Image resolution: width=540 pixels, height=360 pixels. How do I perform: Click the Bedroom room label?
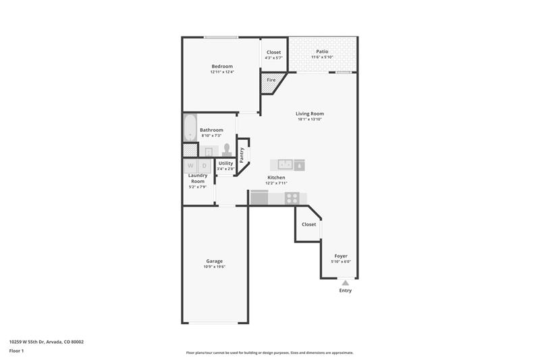click(222, 66)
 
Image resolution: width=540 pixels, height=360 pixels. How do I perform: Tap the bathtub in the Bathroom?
click(190, 128)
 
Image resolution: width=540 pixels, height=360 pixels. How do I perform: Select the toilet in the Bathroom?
click(227, 150)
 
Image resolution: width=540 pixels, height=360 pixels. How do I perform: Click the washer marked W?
click(190, 165)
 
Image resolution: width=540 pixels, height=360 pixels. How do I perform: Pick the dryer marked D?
click(205, 165)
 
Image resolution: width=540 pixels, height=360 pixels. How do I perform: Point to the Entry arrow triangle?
click(346, 283)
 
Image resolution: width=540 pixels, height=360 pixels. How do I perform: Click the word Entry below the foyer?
click(346, 290)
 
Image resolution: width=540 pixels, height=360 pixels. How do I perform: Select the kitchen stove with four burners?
click(292, 198)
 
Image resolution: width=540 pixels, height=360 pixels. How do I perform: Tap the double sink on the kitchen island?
click(285, 165)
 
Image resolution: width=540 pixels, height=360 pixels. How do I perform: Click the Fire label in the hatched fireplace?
click(271, 80)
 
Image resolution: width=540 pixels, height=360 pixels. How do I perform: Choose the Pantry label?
click(242, 155)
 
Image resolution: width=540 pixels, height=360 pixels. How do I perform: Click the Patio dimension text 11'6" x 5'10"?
click(323, 57)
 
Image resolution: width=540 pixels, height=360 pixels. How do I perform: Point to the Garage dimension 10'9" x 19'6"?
click(214, 267)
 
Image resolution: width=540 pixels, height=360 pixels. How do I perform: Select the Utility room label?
click(226, 163)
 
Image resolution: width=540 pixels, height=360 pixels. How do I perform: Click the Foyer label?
click(341, 256)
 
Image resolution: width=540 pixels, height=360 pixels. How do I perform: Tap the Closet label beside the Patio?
click(274, 53)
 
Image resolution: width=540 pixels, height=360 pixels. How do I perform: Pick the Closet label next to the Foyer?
click(309, 224)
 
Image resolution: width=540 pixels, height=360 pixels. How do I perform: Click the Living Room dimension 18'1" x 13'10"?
click(310, 119)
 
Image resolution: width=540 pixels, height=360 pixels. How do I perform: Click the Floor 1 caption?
click(16, 351)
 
